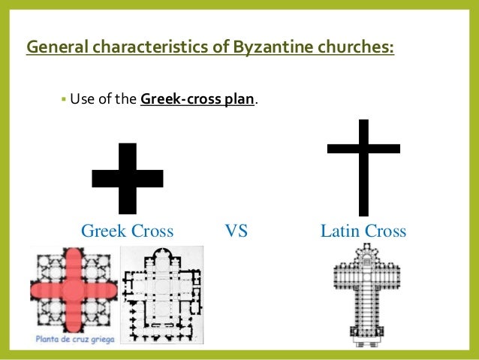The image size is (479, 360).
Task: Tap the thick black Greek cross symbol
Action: pyautogui.click(x=128, y=178)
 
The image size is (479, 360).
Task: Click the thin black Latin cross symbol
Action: pyautogui.click(x=363, y=167)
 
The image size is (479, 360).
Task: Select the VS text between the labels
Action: pyautogui.click(x=236, y=231)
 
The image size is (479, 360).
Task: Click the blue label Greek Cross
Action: pyautogui.click(x=127, y=231)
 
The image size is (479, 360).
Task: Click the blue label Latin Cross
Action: pyautogui.click(x=363, y=231)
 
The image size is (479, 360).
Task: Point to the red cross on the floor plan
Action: pyautogui.click(x=73, y=290)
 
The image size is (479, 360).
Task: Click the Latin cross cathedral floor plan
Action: pyautogui.click(x=363, y=297)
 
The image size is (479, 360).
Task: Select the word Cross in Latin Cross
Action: pyautogui.click(x=385, y=231)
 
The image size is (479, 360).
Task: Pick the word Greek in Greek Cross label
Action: pyautogui.click(x=104, y=231)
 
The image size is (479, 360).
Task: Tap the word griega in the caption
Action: pyautogui.click(x=98, y=338)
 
